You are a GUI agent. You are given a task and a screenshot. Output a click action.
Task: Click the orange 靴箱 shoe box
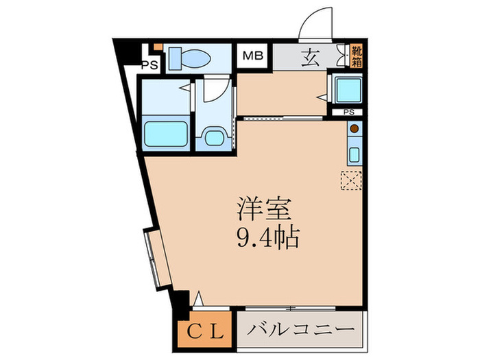click(357, 55)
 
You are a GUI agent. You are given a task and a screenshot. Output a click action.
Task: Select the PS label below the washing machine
click(348, 112)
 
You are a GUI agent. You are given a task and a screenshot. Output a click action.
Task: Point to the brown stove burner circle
click(354, 128)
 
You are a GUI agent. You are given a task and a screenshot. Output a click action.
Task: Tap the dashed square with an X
click(350, 180)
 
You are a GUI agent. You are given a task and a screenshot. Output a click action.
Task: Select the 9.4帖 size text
click(266, 238)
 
